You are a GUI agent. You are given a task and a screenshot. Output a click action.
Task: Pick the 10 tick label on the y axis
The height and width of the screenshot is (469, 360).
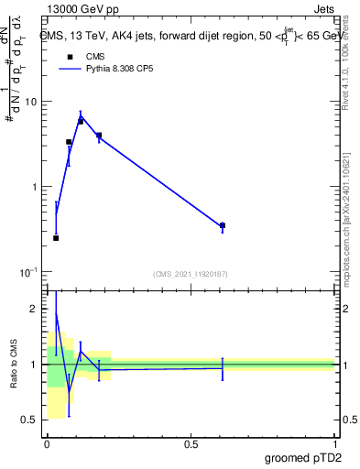point(30,102)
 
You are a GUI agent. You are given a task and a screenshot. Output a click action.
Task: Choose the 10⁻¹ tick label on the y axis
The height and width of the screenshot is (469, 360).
point(28,272)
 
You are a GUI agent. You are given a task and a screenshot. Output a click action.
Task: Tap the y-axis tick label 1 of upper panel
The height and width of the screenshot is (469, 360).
point(34,187)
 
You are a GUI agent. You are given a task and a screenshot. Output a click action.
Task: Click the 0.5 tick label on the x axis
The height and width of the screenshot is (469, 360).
point(191,444)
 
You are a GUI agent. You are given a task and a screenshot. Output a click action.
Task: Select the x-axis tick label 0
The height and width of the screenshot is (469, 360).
point(47,444)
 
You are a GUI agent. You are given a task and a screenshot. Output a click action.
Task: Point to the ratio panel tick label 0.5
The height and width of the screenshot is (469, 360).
point(30,420)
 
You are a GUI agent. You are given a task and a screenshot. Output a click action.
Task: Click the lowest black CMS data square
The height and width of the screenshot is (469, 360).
point(56,238)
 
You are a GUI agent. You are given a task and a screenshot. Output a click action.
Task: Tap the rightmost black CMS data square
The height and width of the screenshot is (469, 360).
point(223,225)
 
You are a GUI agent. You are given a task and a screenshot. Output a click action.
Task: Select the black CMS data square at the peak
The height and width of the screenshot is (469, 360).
point(81,121)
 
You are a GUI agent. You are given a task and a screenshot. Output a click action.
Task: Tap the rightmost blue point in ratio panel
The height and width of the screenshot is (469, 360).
point(223,367)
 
